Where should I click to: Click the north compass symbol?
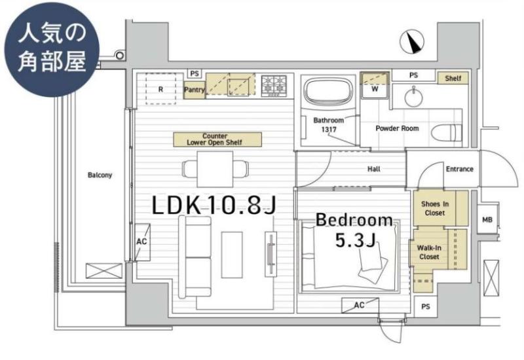pyautogui.click(x=412, y=42)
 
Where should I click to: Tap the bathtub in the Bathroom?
pyautogui.click(x=328, y=90)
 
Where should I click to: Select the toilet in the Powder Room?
pyautogui.click(x=447, y=134)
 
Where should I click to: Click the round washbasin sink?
pyautogui.click(x=413, y=98)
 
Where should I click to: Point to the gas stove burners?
pyautogui.click(x=274, y=86)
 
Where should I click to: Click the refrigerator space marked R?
pyautogui.click(x=160, y=89)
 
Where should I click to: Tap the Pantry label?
pyautogui.click(x=194, y=90)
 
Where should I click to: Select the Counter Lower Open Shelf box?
pyautogui.click(x=217, y=139)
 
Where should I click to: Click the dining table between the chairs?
pyautogui.click(x=215, y=169)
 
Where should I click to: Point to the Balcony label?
pyautogui.click(x=100, y=175)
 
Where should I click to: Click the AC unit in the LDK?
pyautogui.click(x=142, y=242)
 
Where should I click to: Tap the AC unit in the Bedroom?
pyautogui.click(x=360, y=305)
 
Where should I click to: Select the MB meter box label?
pyautogui.click(x=487, y=220)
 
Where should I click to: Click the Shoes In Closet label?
pyautogui.click(x=435, y=208)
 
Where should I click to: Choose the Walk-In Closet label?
pyautogui.click(x=429, y=252)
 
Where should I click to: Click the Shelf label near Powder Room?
pyautogui.click(x=453, y=78)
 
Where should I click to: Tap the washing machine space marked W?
pyautogui.click(x=375, y=88)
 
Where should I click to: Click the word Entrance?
pyautogui.click(x=460, y=169)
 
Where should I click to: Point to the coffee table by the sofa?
pyautogui.click(x=232, y=255)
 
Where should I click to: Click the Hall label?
pyautogui.click(x=373, y=169)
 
